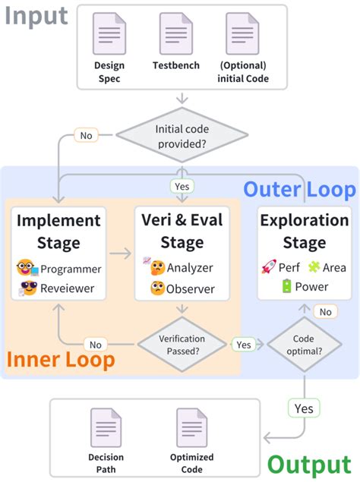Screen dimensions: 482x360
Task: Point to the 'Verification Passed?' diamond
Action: (182, 344)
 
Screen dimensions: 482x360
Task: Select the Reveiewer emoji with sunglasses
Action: (28, 288)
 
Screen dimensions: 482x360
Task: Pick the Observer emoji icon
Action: (157, 288)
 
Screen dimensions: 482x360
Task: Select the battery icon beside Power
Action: (286, 287)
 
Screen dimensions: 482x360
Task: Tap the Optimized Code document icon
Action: (190, 427)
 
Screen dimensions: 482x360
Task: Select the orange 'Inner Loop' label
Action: (62, 359)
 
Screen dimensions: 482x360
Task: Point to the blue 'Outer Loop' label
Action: (298, 188)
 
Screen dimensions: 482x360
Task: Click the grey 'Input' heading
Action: (36, 16)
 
